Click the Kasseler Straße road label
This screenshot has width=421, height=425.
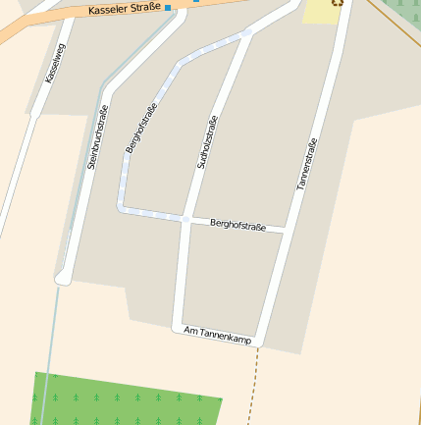pos(124,10)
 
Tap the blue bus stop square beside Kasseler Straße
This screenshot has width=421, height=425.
pos(168,8)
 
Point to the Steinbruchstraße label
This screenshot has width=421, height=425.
pos(97,139)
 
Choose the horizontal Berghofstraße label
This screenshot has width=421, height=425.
pos(238,226)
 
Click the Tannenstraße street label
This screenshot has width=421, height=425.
pos(306,163)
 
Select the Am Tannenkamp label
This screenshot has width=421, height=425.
pos(218,336)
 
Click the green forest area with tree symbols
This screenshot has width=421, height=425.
pos(128,399)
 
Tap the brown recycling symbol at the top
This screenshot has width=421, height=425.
pos(337,2)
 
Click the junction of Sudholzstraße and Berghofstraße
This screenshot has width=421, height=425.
pos(185,219)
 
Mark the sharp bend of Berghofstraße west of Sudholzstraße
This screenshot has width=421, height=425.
pos(123,207)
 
